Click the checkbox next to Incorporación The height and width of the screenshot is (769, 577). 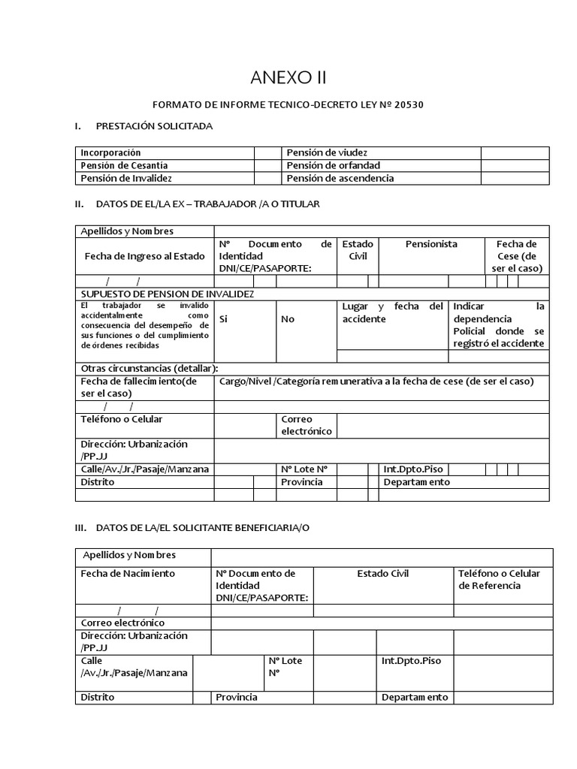tap(267, 152)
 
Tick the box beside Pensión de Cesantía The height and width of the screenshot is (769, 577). tap(267, 165)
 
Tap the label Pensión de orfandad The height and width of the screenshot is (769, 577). tap(333, 165)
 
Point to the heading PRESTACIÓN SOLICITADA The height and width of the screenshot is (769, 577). tap(155, 125)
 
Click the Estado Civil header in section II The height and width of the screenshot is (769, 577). tap(358, 250)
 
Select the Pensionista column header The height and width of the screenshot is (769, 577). tap(431, 244)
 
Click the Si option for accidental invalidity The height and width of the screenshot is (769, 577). tap(223, 318)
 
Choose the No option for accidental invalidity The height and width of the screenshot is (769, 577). tap(288, 318)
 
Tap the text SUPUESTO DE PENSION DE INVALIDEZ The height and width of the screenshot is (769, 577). tap(168, 294)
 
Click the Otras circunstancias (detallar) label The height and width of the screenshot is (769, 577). tap(150, 368)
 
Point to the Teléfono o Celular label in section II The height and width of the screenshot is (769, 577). tap(122, 419)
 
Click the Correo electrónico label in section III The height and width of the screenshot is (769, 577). tap(123, 623)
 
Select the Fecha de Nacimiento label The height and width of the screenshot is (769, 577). tap(128, 573)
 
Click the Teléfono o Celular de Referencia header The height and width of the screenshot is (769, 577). tap(500, 579)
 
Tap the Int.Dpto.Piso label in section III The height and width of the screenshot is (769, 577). tap(412, 660)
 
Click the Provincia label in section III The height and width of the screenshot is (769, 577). tap(237, 697)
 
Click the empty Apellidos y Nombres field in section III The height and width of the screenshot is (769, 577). tap(382, 557)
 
